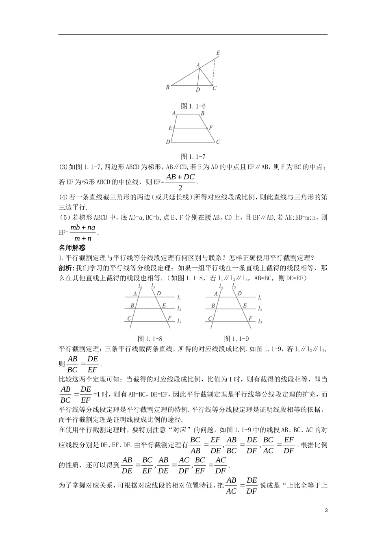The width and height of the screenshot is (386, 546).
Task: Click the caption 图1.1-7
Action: [193, 156]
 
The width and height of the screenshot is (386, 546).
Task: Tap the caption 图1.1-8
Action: [150, 338]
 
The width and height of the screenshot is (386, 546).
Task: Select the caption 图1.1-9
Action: [236, 338]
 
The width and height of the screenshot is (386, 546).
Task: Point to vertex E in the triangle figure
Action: [218, 53]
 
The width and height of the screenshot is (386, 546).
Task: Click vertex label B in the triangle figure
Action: [167, 87]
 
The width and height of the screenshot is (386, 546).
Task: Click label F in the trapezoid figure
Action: [211, 128]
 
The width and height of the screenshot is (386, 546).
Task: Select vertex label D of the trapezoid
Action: [168, 142]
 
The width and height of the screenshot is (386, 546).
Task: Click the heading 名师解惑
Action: [72, 247]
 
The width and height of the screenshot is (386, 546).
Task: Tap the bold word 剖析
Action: [65, 268]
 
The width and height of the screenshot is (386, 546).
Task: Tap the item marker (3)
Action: [64, 167]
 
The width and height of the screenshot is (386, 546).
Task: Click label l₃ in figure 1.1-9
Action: [260, 321]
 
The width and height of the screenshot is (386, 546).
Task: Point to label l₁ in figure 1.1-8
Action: [179, 297]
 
